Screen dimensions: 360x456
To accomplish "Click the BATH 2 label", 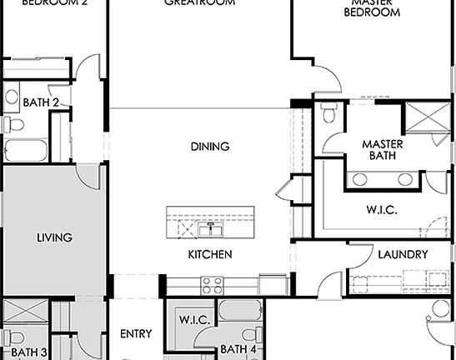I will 42,103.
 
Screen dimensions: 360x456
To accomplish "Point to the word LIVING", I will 54,237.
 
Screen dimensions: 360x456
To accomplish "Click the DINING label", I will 209,147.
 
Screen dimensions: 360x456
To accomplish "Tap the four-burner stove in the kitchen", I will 211,284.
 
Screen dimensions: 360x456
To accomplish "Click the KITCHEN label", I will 209,254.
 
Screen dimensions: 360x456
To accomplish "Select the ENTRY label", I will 136,334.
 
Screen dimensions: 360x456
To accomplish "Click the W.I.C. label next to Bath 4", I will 194,319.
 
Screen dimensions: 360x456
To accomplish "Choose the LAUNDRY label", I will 403,254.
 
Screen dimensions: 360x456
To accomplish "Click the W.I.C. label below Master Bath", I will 381,210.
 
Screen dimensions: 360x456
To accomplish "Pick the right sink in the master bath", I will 405,179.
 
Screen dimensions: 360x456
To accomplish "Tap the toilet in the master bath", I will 330,112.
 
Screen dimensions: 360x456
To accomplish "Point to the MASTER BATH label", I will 383,149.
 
